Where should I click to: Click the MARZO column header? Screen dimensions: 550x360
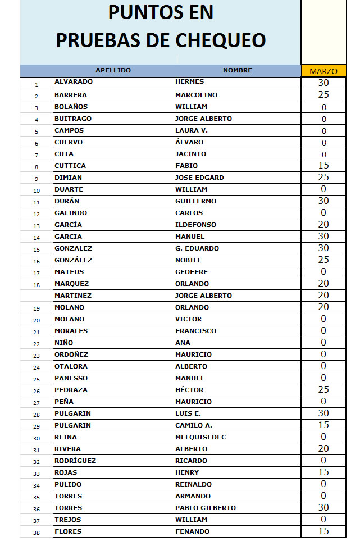point(323,71)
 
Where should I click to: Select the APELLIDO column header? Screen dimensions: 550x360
point(113,71)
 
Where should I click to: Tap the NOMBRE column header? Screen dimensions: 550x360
point(237,71)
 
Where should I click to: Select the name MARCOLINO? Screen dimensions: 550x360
point(196,95)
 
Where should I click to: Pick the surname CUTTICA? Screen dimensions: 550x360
point(71,166)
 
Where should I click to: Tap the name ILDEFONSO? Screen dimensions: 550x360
point(195,225)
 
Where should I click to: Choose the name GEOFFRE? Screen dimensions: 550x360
point(192,272)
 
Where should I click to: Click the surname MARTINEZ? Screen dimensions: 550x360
point(73,296)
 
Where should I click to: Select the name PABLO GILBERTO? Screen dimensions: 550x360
point(205,508)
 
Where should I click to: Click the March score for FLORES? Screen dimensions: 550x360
point(323,531)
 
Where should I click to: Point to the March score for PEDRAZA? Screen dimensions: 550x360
point(323,390)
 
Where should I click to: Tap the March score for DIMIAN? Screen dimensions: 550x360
point(323,178)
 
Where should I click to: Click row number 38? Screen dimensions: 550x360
point(37,533)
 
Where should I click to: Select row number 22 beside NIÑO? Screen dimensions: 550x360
point(37,344)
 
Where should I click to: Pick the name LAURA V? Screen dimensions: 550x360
point(191,130)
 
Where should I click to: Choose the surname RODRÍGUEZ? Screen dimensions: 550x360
point(75,461)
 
